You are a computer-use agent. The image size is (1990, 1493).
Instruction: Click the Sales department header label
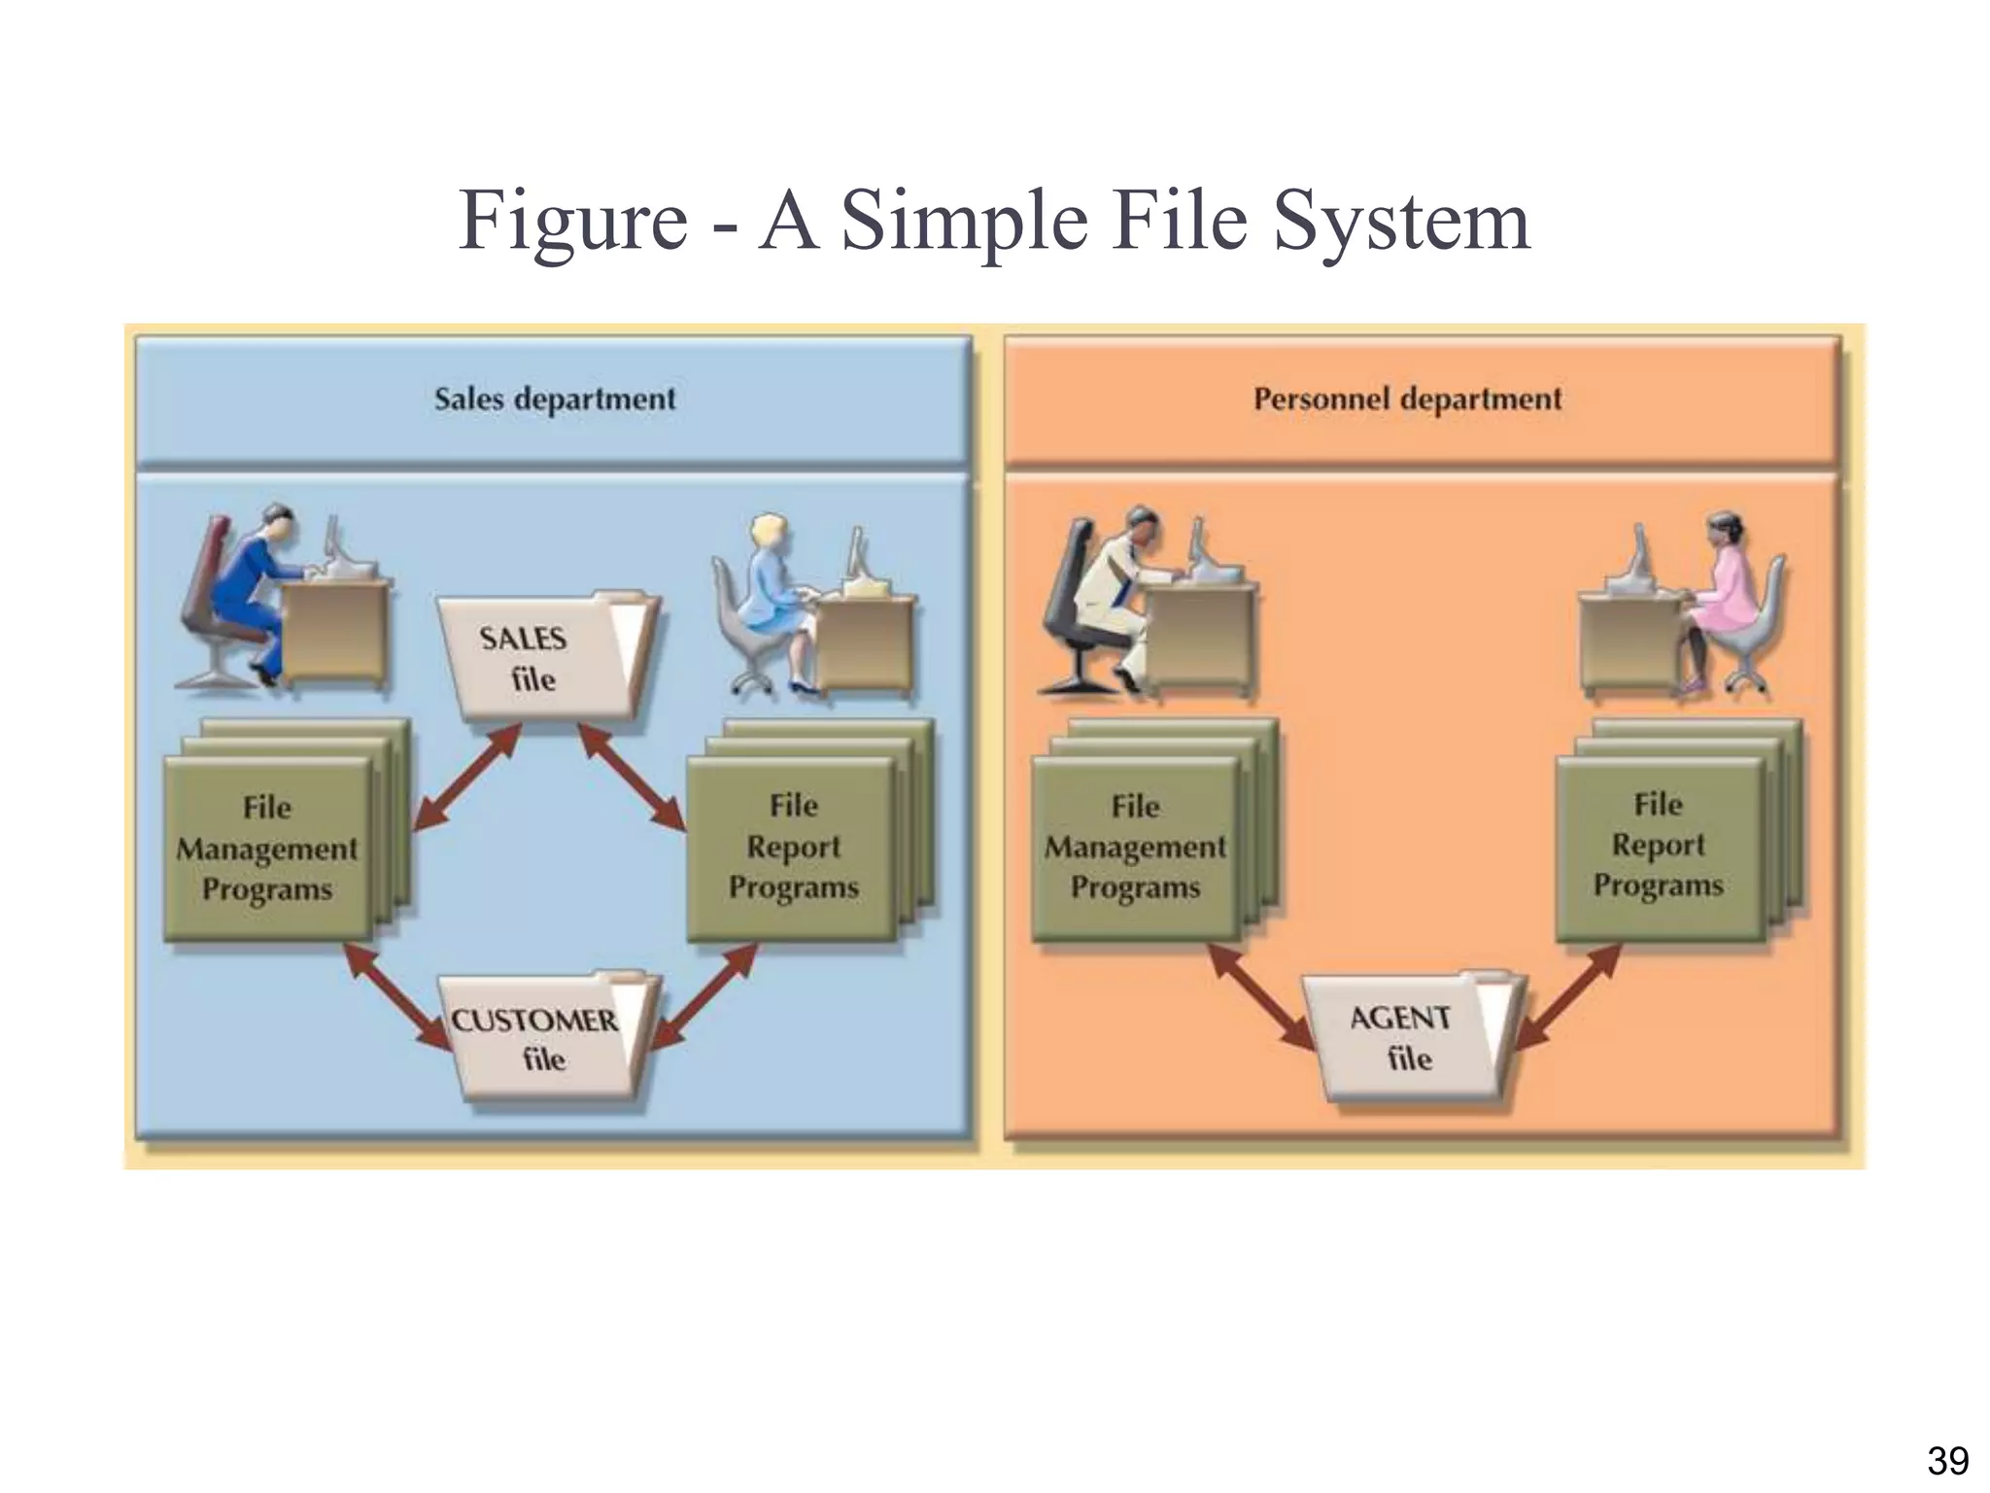pos(555,399)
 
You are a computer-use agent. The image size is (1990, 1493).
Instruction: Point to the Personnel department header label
pos(1407,399)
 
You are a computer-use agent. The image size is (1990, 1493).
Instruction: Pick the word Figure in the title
pos(573,222)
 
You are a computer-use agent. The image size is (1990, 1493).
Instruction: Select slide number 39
pos(1947,1460)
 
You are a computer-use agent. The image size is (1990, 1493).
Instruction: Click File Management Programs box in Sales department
pos(267,849)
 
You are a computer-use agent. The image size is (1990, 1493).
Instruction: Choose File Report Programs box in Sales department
pos(793,848)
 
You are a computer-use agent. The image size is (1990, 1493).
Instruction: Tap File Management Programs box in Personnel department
pos(1135,848)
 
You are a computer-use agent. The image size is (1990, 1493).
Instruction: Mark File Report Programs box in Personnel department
pos(1658,846)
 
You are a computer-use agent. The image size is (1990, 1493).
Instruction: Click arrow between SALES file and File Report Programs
pos(633,777)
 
